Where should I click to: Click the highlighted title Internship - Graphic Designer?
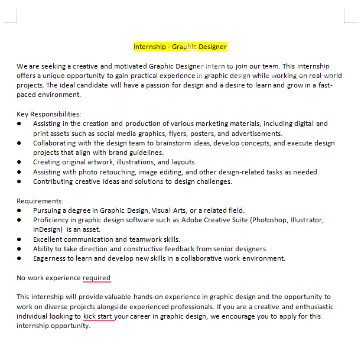(x=180, y=47)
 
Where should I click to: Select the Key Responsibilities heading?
(x=48, y=114)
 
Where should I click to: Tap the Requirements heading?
(x=40, y=201)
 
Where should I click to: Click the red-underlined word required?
(x=96, y=278)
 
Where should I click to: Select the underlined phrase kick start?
(x=98, y=316)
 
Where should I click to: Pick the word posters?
(x=203, y=134)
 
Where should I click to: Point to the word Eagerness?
(x=51, y=258)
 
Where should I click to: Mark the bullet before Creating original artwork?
(x=19, y=163)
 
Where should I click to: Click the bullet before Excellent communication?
(x=19, y=239)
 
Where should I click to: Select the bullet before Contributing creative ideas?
(x=19, y=181)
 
